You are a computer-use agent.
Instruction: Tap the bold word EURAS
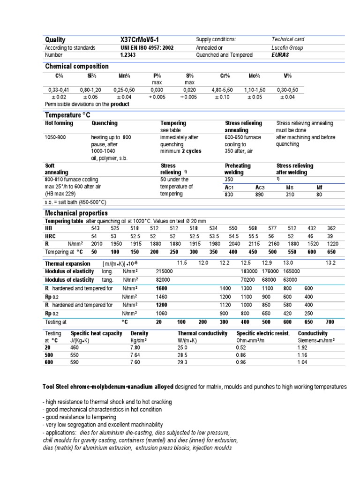tap(280, 55)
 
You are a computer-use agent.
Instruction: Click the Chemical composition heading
tap(76, 67)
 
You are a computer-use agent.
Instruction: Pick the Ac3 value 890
tap(260, 195)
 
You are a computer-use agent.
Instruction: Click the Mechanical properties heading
tap(76, 213)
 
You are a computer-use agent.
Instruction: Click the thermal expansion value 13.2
tap(330, 263)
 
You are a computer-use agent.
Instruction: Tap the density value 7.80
tap(135, 348)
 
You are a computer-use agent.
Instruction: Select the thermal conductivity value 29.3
tap(182, 362)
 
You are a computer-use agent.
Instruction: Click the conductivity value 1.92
tap(302, 348)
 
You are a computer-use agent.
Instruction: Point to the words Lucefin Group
tap(287, 48)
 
